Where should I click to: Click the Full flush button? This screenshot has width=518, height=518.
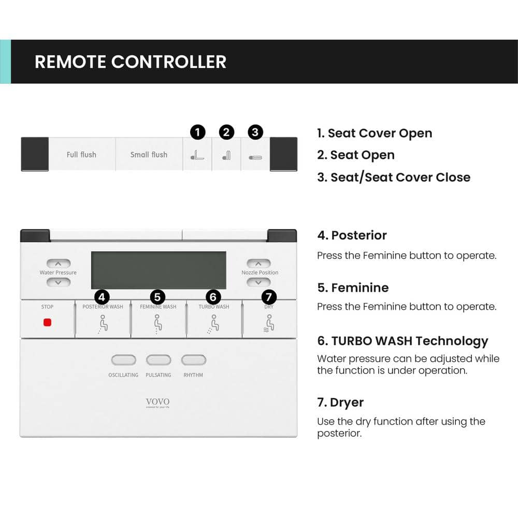tap(81, 154)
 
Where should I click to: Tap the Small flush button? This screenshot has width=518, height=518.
tap(149, 154)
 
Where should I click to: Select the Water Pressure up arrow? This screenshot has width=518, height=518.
tap(58, 264)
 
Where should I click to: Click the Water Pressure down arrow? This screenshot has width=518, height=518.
tap(58, 282)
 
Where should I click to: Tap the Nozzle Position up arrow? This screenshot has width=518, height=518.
tap(258, 264)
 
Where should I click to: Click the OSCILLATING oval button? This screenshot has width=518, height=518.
tap(123, 360)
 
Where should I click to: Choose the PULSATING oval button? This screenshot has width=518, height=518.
tap(159, 360)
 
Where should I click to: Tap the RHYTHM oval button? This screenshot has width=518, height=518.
tap(193, 360)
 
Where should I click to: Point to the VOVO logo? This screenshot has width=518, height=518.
tap(157, 402)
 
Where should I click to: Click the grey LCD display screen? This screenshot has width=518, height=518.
tap(159, 270)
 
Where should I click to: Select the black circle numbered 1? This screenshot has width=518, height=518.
tap(197, 133)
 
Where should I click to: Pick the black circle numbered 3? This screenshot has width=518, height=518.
tap(255, 133)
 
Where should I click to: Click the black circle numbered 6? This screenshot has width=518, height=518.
tap(213, 297)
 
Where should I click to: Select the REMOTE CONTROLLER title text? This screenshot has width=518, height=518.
tap(131, 62)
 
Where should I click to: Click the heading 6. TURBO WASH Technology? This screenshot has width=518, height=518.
tap(402, 341)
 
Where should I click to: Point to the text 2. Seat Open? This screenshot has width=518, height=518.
tap(356, 155)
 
